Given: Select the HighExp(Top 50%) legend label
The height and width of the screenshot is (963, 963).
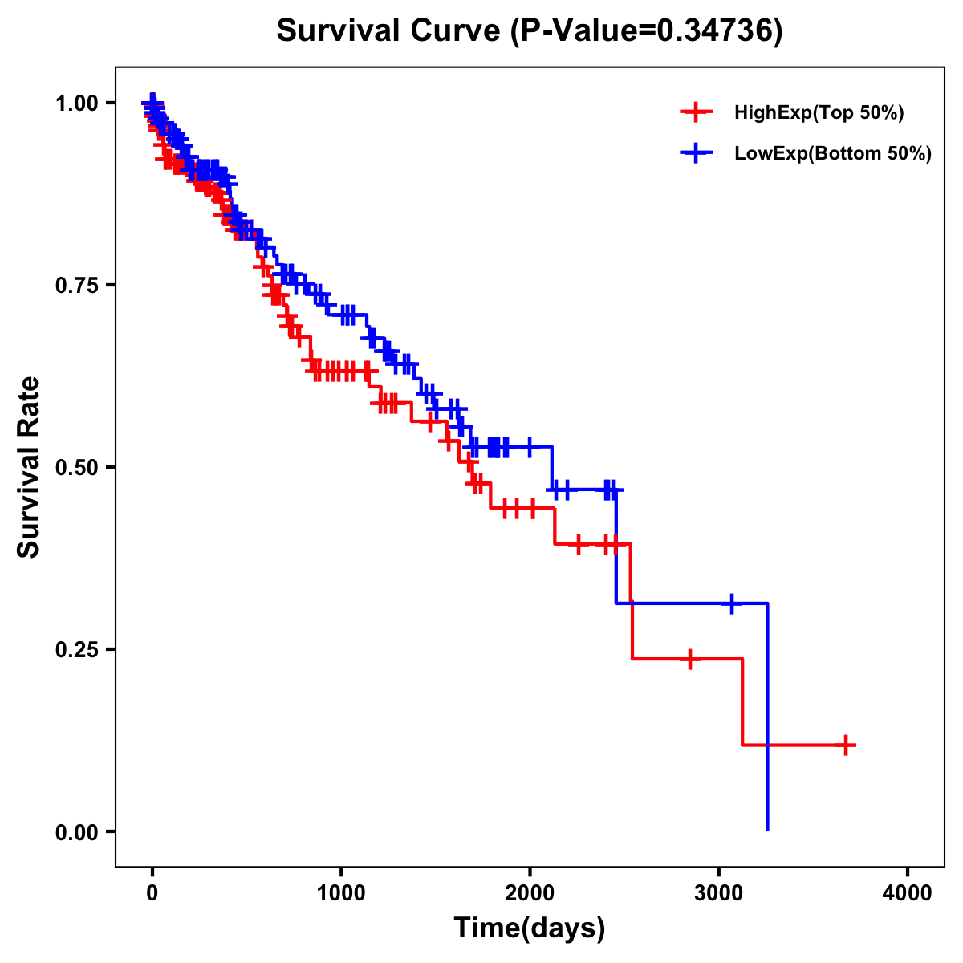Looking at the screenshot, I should pyautogui.click(x=819, y=113).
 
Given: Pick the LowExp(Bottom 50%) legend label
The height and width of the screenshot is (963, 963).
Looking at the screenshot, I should pyautogui.click(x=833, y=154).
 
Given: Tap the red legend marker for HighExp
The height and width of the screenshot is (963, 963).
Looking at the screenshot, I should pyautogui.click(x=696, y=113).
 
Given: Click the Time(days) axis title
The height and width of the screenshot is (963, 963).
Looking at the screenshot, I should pyautogui.click(x=530, y=928).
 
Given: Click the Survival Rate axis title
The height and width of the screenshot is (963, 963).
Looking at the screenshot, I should pyautogui.click(x=29, y=467).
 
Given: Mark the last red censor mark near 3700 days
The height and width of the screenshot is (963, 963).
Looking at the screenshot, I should pyautogui.click(x=846, y=746).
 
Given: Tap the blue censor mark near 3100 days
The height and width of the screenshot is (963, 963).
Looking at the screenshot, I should pyautogui.click(x=732, y=603).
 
